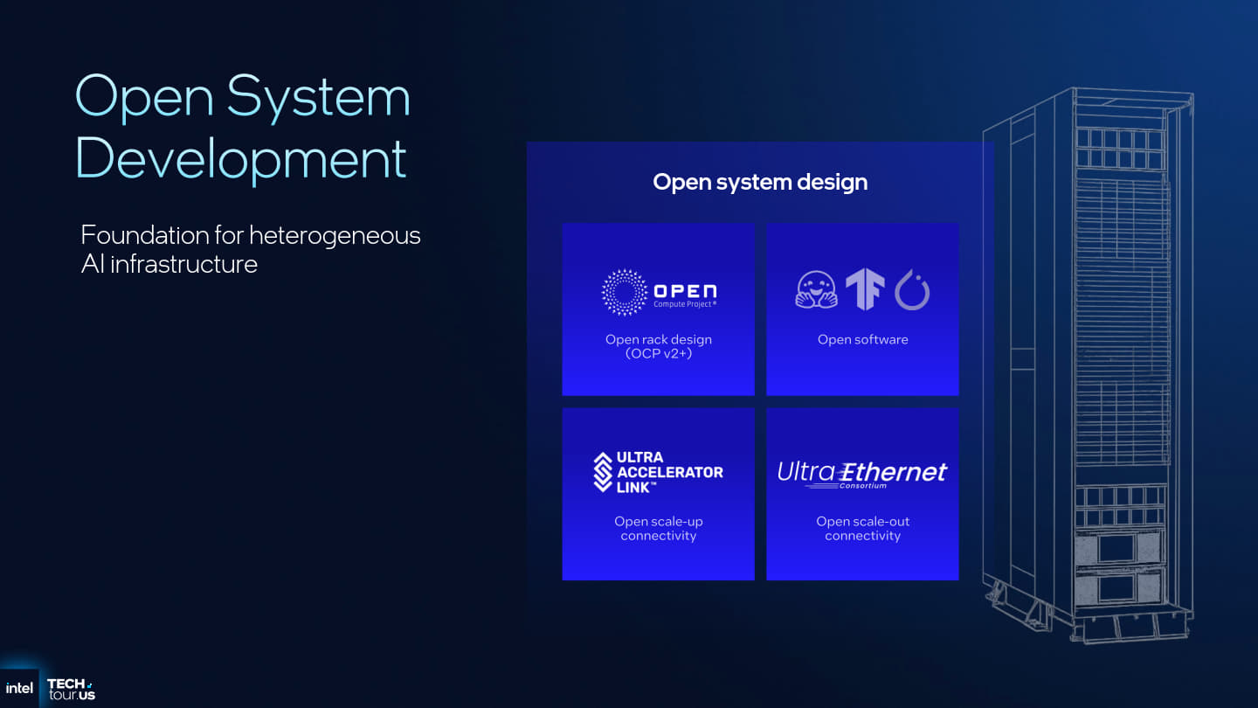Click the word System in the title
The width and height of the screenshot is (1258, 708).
tap(318, 98)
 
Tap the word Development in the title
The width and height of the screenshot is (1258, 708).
tap(242, 158)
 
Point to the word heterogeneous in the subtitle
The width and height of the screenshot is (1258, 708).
tap(335, 235)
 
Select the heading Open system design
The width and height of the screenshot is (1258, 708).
tap(760, 182)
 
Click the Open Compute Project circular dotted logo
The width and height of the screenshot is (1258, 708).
tap(625, 292)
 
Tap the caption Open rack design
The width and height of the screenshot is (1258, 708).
tap(659, 339)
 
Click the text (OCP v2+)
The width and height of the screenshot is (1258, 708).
tap(659, 354)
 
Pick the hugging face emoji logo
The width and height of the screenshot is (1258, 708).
tap(816, 290)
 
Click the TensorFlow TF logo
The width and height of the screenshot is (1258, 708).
tap(864, 290)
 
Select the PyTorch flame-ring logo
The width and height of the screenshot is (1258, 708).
tap(912, 291)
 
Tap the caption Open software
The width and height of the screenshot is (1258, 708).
tap(863, 339)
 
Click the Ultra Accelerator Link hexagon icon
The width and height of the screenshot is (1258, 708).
tap(603, 472)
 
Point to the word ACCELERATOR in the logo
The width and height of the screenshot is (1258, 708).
tap(670, 472)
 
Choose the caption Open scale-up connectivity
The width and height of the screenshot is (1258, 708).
tap(659, 528)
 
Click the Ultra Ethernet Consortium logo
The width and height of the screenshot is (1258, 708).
tap(862, 474)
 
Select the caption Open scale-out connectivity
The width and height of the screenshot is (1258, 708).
tap(863, 528)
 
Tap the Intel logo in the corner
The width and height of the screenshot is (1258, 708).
tap(19, 688)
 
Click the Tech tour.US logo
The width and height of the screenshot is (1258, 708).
tap(71, 689)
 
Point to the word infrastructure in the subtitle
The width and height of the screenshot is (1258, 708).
tap(183, 264)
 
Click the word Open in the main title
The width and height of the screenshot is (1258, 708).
tap(144, 98)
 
